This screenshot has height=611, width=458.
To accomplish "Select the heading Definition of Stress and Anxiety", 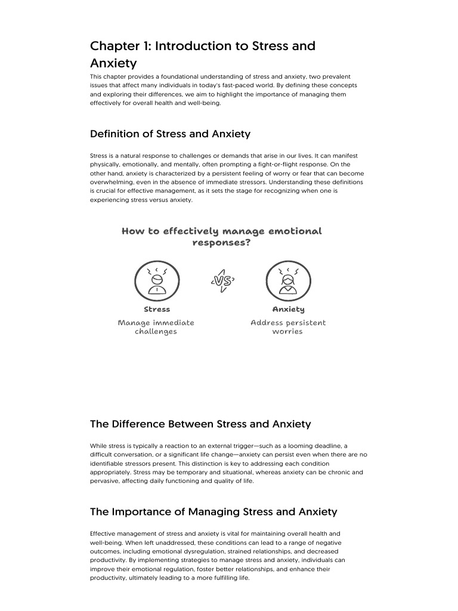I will point(170,134).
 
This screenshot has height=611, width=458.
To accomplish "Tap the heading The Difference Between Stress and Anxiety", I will point(200,424).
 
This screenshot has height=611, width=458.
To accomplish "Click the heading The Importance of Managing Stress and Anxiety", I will point(213,511).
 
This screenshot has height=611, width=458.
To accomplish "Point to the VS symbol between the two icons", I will point(222,280).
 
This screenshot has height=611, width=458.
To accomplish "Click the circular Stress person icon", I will point(156,280).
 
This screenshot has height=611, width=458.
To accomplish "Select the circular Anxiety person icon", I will point(288,280).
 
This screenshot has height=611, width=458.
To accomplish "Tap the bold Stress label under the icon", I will point(157,309).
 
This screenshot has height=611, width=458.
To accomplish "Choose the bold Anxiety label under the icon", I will point(288,309).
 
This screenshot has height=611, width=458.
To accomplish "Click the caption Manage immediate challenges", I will point(156,327).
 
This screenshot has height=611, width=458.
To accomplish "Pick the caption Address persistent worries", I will point(288,327).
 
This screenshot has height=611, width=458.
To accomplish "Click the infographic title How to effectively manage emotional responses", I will point(222,237).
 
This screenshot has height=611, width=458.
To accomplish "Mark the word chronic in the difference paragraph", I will point(339,472).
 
